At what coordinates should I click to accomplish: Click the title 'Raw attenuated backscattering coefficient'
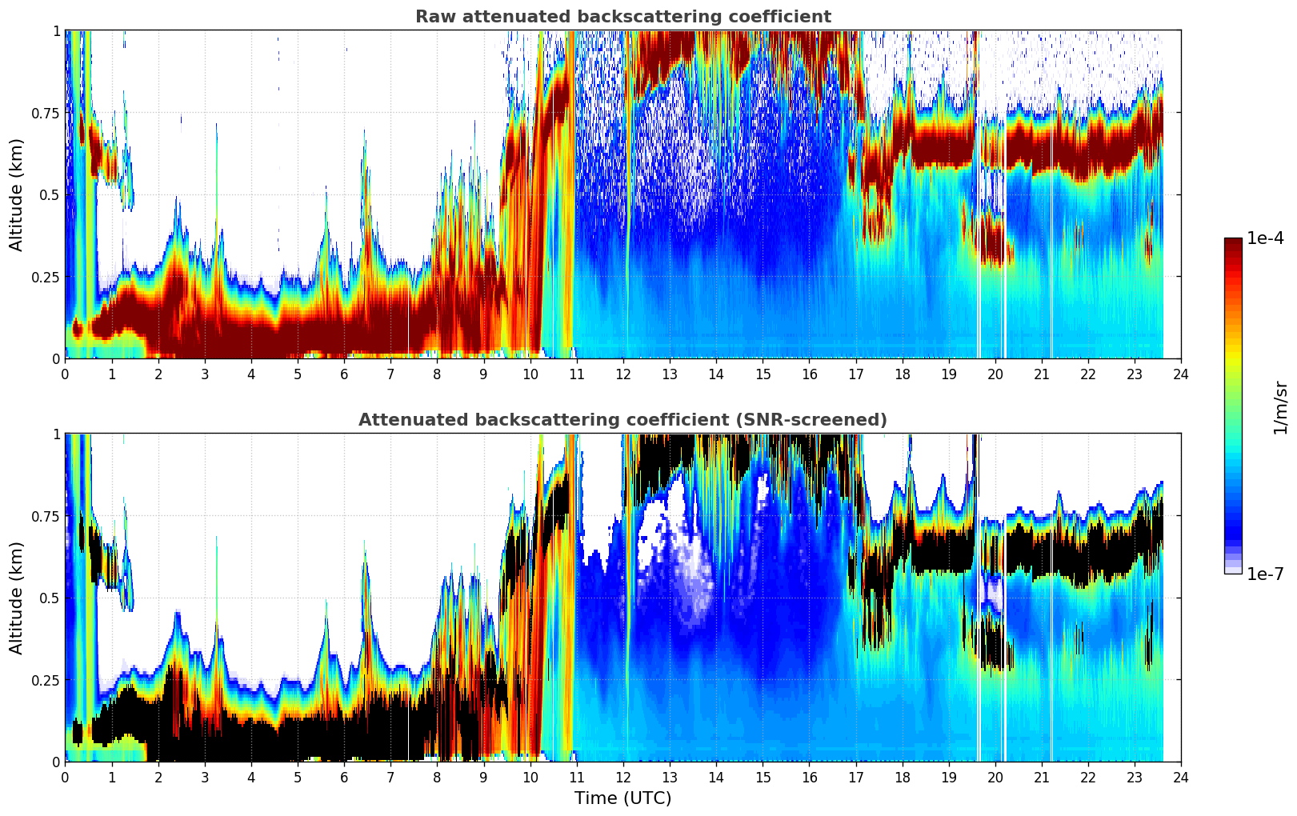(622, 17)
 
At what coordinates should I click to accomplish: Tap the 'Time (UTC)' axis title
(622, 798)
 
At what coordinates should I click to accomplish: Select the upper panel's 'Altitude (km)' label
(17, 194)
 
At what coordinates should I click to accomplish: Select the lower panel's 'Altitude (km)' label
(17, 598)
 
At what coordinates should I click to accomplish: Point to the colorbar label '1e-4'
(1265, 238)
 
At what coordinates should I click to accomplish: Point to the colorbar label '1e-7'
(1265, 574)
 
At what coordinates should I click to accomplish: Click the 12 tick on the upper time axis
(622, 374)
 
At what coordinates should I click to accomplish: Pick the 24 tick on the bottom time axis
(1181, 777)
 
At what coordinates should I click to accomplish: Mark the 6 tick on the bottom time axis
(344, 777)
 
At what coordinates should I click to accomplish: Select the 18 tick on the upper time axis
(902, 374)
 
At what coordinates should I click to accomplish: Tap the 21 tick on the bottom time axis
(1041, 777)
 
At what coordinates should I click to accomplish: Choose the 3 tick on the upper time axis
(204, 374)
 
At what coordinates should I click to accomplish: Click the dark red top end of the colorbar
(1233, 243)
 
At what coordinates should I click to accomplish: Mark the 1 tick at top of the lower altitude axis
(56, 434)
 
